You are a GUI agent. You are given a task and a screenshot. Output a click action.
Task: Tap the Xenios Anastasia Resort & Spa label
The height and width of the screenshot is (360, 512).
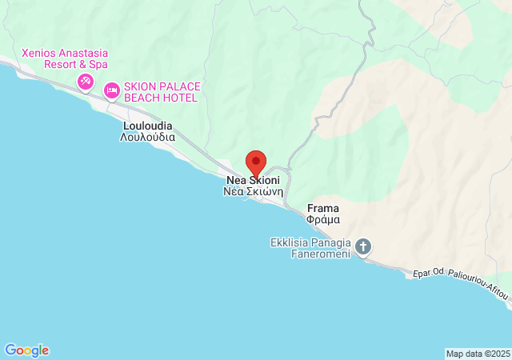coord(65,58)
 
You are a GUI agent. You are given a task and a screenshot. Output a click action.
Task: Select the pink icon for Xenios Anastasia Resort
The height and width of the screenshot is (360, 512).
coord(86,82)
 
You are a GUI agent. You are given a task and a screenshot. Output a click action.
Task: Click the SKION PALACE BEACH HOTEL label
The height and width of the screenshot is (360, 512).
coord(160,92)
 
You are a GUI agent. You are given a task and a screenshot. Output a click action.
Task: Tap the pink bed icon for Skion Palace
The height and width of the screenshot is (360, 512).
coord(111,90)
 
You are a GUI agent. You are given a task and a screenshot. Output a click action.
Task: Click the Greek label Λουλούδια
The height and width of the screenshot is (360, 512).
coord(148,137)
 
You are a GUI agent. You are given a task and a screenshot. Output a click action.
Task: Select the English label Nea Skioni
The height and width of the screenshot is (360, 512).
coord(253,181)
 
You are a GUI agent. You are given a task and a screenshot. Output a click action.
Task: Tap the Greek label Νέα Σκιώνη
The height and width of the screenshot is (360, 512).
coord(252,193)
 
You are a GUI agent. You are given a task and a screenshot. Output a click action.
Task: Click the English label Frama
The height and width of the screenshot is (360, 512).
coord(323,208)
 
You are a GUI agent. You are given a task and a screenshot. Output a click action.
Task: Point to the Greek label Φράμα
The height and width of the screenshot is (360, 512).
coord(323,219)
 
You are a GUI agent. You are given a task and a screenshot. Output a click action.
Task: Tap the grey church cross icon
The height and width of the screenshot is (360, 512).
coord(363,246)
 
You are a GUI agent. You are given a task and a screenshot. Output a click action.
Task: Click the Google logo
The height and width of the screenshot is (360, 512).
coord(26,350)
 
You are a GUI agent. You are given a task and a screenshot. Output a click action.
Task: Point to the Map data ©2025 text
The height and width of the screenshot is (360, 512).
coord(477,354)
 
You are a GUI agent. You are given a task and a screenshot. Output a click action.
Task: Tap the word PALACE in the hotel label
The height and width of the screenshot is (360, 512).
coord(176,86)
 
